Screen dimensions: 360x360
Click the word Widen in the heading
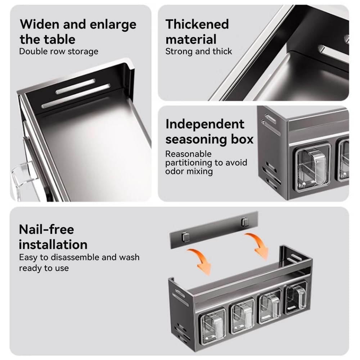click(x=40, y=24)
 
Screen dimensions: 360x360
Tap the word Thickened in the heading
click(x=197, y=24)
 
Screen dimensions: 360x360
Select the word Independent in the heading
click(x=205, y=124)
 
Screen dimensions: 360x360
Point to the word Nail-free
click(x=46, y=229)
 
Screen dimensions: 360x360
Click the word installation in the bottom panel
click(x=53, y=244)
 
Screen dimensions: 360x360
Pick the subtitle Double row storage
click(x=59, y=51)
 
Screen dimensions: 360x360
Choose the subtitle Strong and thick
click(x=199, y=51)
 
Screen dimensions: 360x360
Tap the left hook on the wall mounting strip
click(x=185, y=237)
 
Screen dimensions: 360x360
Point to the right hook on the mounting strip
click(x=245, y=222)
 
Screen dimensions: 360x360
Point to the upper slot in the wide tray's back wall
click(x=75, y=86)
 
